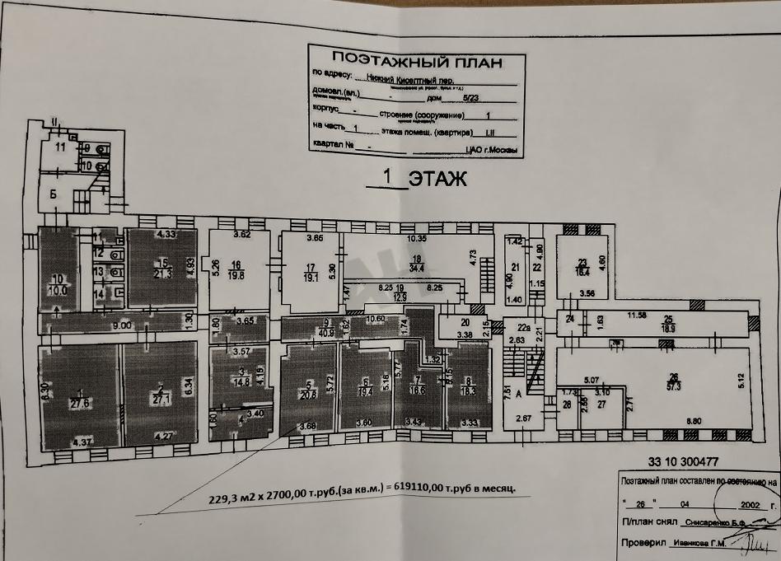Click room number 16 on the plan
point(236,265)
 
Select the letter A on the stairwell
point(519,395)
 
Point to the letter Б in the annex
point(53,194)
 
